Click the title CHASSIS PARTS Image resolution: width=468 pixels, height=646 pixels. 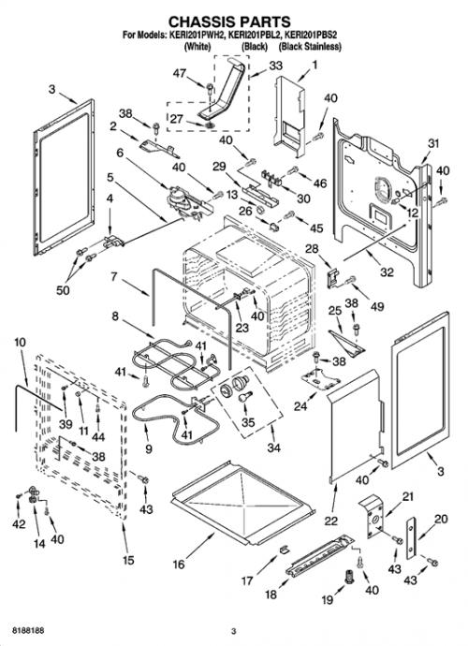(229, 21)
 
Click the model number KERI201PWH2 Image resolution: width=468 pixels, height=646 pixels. (197, 36)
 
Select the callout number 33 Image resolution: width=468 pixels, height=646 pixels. (275, 66)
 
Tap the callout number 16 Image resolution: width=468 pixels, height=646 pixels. (179, 564)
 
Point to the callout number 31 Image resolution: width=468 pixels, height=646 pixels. (433, 143)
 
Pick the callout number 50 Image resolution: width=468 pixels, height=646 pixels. (63, 290)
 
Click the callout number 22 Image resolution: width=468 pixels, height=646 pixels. (330, 521)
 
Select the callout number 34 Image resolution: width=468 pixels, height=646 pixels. (273, 448)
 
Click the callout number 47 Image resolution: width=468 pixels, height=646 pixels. (179, 73)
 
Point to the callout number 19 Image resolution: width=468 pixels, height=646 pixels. (327, 599)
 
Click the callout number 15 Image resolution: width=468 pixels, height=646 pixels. (128, 560)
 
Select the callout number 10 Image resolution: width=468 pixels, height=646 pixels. (20, 342)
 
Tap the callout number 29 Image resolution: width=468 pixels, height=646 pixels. (219, 166)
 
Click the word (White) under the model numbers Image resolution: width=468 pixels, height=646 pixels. (197, 47)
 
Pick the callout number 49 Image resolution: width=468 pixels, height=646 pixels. (377, 306)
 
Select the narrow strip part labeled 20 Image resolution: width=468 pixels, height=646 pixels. (411, 537)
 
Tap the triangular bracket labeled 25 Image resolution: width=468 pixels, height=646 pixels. (348, 344)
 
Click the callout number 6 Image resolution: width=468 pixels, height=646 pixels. (120, 153)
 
